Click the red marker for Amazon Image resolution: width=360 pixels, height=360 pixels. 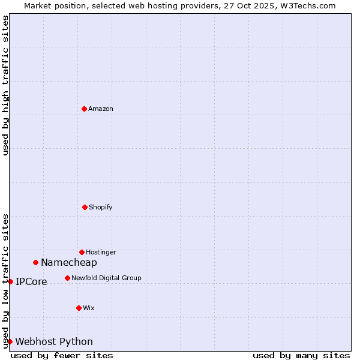tap(84, 109)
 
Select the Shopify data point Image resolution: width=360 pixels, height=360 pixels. tap(85, 207)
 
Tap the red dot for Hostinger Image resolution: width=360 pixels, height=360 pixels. tap(82, 252)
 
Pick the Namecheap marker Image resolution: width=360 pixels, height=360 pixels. tap(35, 262)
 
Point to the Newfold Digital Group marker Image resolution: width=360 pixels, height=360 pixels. tap(67, 278)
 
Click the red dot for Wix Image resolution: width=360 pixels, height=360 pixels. tap(79, 308)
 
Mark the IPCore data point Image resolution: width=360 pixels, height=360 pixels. tap(10, 281)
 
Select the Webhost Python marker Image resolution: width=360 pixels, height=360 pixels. tap(10, 341)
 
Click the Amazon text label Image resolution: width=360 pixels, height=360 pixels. tap(101, 109)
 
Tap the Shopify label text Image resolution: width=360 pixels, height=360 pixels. tap(101, 207)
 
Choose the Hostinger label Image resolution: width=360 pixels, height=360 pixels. tap(101, 252)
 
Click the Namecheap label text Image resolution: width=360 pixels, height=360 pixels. tap(69, 262)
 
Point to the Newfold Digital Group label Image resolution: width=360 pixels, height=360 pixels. tap(106, 278)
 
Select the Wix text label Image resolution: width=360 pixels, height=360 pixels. tap(89, 308)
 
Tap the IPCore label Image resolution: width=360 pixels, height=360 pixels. tap(31, 281)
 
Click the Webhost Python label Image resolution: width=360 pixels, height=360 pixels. tap(54, 341)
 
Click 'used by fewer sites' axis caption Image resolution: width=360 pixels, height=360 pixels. tap(62, 355)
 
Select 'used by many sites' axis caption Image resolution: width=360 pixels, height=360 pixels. tap(301, 355)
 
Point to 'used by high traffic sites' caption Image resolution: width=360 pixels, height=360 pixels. tap(5, 86)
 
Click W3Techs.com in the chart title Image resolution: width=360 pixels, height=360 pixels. tap(305, 5)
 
